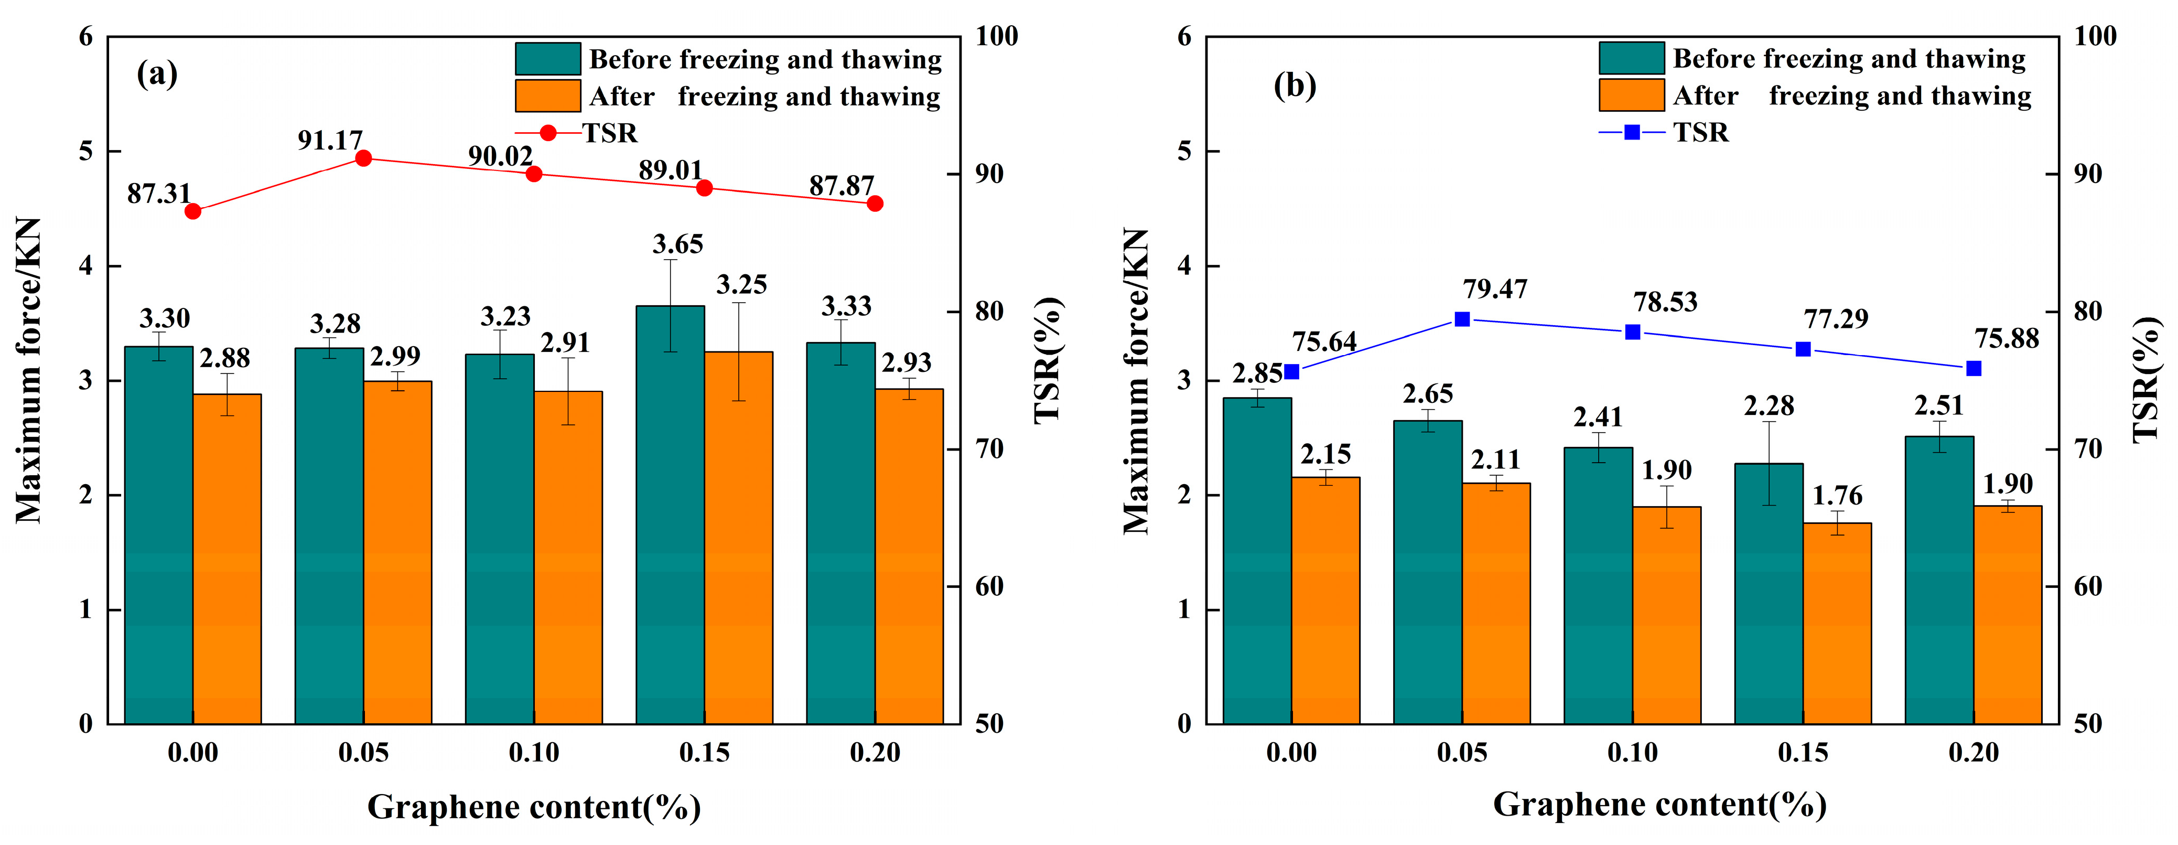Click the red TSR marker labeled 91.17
pyautogui.click(x=363, y=158)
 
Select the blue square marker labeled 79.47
pyautogui.click(x=1462, y=319)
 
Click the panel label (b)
pyautogui.click(x=1295, y=85)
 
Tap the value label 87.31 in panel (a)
pyautogui.click(x=159, y=194)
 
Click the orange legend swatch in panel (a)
pyautogui.click(x=548, y=95)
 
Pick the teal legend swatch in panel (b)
pyautogui.click(x=1631, y=58)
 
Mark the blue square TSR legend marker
pyautogui.click(x=1632, y=132)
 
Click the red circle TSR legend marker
pyautogui.click(x=548, y=133)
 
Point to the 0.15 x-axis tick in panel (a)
pyautogui.click(x=704, y=752)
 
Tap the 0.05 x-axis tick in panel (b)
pyautogui.click(x=1462, y=752)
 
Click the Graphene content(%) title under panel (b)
pyautogui.click(x=1659, y=805)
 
